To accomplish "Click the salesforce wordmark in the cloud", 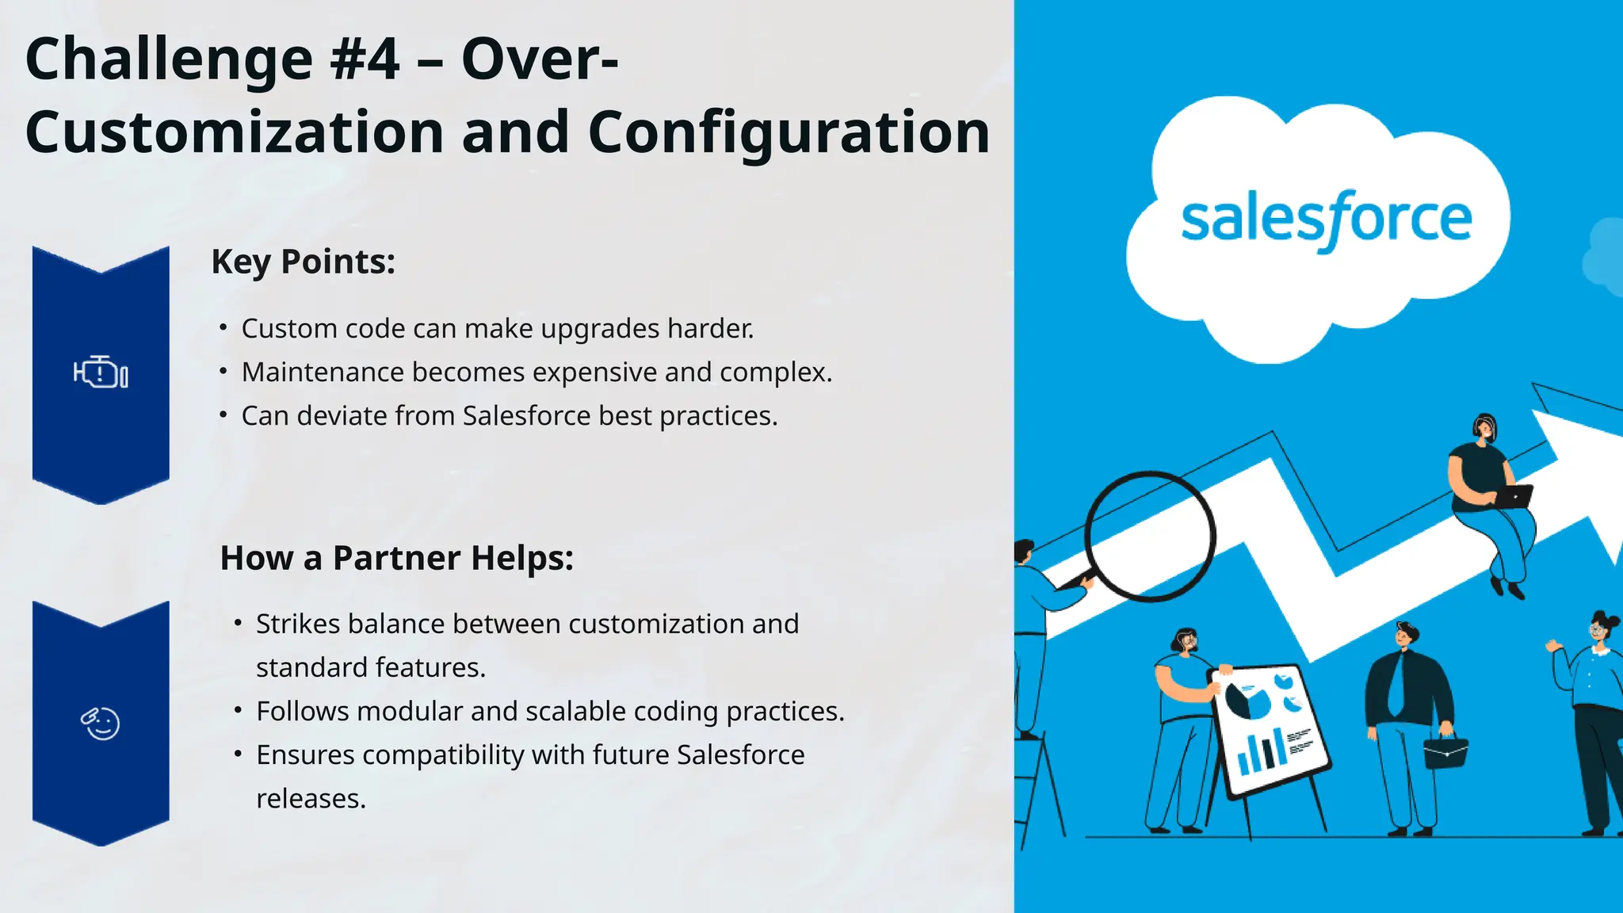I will click(1326, 219).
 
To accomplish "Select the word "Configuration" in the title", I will click(789, 132).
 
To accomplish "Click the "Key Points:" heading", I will click(303, 262).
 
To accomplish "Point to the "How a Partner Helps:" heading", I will click(396, 558).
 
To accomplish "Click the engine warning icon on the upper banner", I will click(101, 372).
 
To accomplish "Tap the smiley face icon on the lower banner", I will click(101, 723).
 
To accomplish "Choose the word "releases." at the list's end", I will click(311, 799).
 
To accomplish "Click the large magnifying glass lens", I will click(1149, 536).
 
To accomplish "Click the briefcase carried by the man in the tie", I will click(1445, 751).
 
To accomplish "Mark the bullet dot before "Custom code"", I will click(223, 327).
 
